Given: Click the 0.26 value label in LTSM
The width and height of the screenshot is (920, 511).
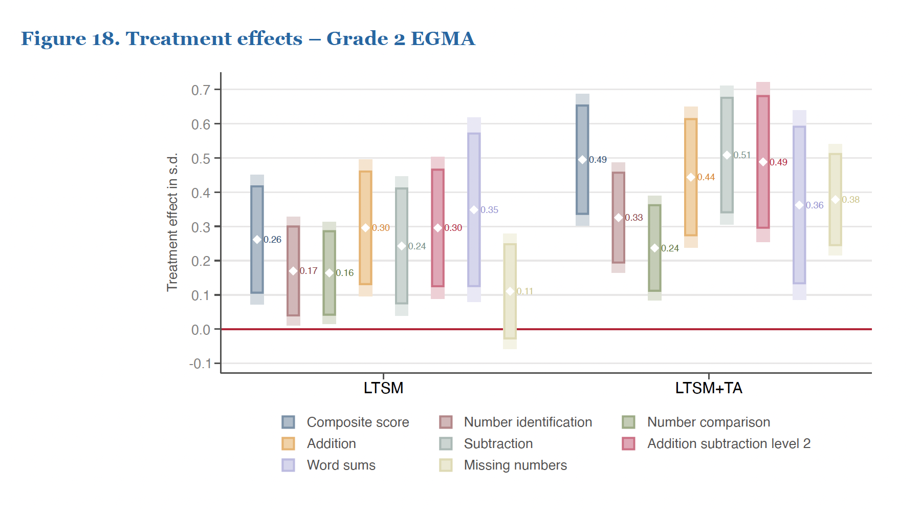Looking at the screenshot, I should [272, 240].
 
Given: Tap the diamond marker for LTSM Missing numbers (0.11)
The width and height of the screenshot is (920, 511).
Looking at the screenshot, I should [510, 291].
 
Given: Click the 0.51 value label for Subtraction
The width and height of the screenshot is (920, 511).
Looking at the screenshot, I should [742, 155].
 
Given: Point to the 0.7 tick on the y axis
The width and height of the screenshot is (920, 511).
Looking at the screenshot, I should [201, 90].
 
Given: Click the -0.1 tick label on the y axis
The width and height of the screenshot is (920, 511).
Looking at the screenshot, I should [200, 364].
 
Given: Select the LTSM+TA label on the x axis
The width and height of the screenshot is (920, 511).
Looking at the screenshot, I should [709, 388].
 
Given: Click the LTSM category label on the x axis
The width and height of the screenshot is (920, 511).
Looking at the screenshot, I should [383, 388].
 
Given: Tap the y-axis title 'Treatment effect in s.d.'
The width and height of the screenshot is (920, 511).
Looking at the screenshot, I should [172, 222].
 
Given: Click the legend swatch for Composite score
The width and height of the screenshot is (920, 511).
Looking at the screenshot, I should [288, 422].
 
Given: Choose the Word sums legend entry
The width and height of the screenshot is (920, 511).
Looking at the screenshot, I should [341, 465].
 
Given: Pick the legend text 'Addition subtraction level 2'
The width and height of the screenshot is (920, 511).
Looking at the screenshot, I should [729, 443].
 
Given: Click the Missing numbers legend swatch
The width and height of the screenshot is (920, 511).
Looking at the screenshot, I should [446, 465].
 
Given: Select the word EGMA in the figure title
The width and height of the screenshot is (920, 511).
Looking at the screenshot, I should [443, 38].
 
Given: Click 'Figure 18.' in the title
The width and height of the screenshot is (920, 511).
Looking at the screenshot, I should [70, 38].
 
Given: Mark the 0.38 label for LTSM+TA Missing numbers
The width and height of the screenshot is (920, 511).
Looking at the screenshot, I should [850, 200].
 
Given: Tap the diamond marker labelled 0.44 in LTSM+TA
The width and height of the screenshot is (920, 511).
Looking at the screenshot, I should [691, 177].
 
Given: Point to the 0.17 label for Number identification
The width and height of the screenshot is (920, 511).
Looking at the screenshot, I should [309, 271].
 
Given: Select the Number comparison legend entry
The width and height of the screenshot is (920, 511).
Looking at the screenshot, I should [708, 422].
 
